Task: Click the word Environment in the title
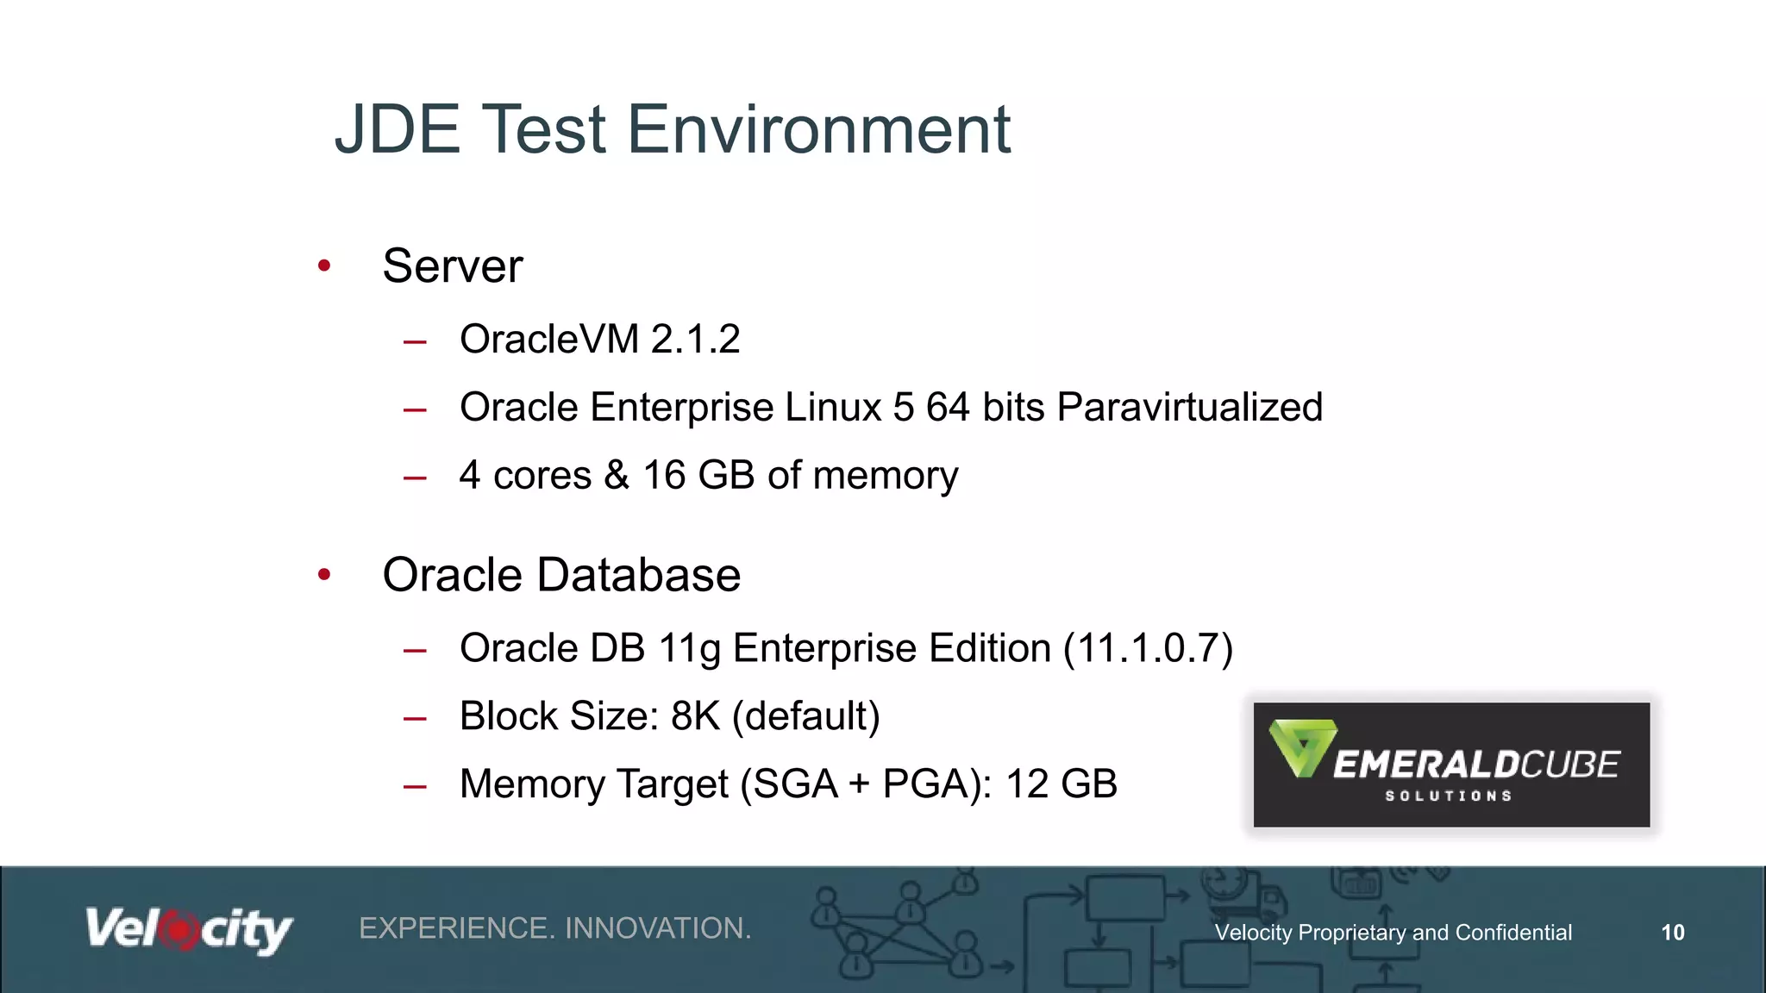pyautogui.click(x=818, y=129)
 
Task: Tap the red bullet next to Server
pyautogui.click(x=324, y=265)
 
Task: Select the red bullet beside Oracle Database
pyautogui.click(x=324, y=574)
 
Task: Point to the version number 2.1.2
pyautogui.click(x=695, y=339)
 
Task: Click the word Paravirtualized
pyautogui.click(x=1189, y=407)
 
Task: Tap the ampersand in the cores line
pyautogui.click(x=617, y=475)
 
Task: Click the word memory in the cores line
pyautogui.click(x=885, y=477)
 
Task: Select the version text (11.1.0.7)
pyautogui.click(x=1148, y=648)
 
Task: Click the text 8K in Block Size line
pyautogui.click(x=695, y=716)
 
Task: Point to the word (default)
pyautogui.click(x=806, y=716)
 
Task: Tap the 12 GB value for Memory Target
pyautogui.click(x=1061, y=784)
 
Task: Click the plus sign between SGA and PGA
pyautogui.click(x=859, y=784)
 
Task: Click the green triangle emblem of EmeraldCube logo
pyautogui.click(x=1302, y=746)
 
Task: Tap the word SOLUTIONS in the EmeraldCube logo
pyautogui.click(x=1449, y=796)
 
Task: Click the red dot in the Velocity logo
pyautogui.click(x=179, y=930)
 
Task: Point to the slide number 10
pyautogui.click(x=1672, y=933)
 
